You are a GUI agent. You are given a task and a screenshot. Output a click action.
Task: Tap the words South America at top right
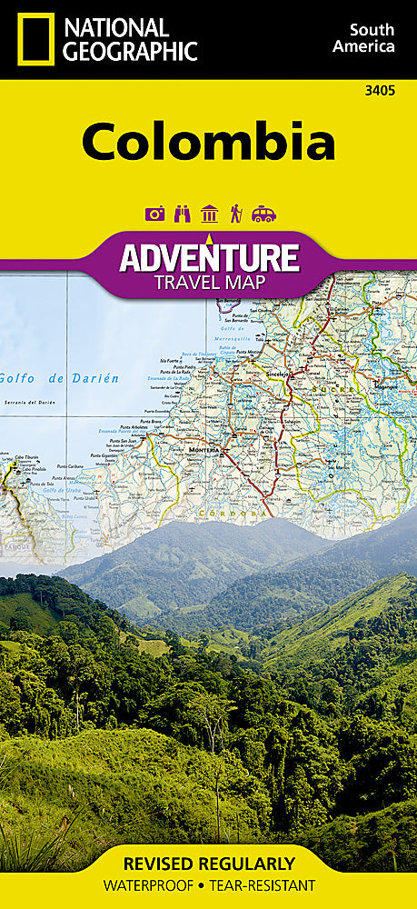pos(363,38)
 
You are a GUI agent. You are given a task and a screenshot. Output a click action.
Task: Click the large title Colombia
pos(208,143)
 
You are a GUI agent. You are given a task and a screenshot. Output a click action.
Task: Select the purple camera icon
pos(155,214)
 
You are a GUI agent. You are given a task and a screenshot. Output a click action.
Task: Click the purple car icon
pos(263,214)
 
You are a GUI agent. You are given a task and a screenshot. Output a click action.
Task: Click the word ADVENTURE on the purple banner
pos(209,257)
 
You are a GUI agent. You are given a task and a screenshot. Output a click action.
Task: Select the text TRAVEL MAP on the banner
pos(209,282)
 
